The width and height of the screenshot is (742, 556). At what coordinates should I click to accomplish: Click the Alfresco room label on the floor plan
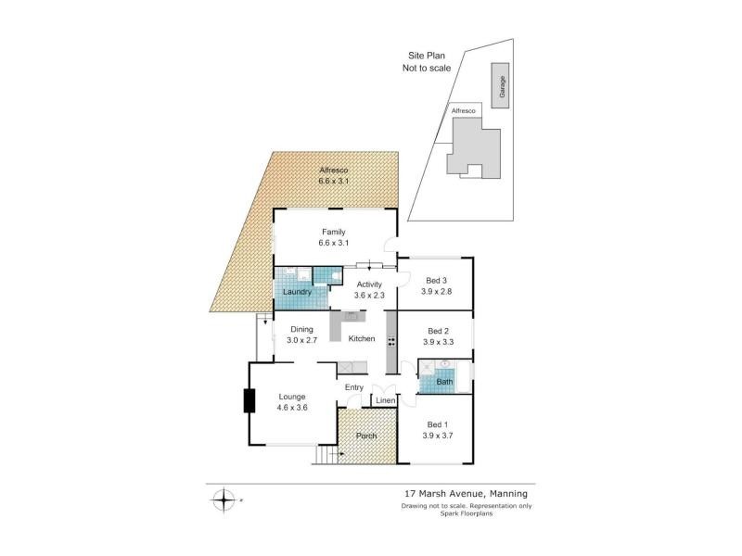(333, 171)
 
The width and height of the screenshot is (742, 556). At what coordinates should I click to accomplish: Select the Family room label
(333, 232)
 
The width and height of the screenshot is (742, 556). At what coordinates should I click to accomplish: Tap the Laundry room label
(299, 292)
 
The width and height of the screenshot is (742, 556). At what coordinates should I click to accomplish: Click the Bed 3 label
(436, 281)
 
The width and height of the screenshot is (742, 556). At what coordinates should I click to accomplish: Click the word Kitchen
(361, 339)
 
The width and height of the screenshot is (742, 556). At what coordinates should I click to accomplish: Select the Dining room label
(302, 329)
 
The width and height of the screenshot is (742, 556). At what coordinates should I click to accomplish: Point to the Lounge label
(292, 397)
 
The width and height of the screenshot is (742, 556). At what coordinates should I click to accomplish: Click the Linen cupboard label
(385, 400)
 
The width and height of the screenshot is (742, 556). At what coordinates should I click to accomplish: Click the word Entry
(354, 387)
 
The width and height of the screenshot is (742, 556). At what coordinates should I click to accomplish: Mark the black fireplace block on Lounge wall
(249, 401)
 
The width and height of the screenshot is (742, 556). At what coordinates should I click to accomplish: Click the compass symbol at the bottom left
(224, 501)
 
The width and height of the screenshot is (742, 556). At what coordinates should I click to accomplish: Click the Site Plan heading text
(423, 56)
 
